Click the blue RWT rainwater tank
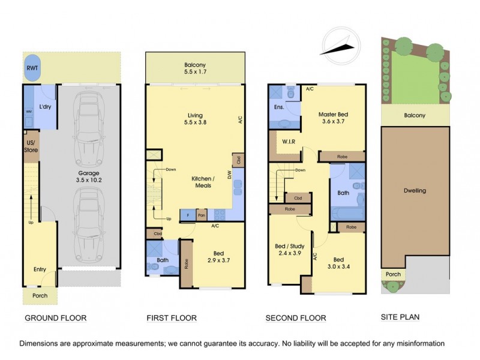pos(32,68)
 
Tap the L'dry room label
pos(46,107)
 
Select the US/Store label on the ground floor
pos(31,146)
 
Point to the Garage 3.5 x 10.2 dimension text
pos(89,176)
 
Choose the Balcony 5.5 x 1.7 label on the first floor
pos(195,68)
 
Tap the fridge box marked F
pos(188,215)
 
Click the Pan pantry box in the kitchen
pos(202,215)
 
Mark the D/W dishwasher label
pos(229,175)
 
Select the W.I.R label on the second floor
pos(289,142)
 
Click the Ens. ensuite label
pos(279,107)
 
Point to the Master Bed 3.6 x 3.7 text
pos(333,118)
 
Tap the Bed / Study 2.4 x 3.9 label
pos(290,250)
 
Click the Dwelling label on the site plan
pos(415,190)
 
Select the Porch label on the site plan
pos(393,274)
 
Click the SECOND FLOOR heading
pos(296,318)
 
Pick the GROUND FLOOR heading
pos(55,318)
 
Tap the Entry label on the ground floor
pos(40,269)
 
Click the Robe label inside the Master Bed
pos(342,157)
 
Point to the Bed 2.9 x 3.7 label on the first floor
pos(218,257)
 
